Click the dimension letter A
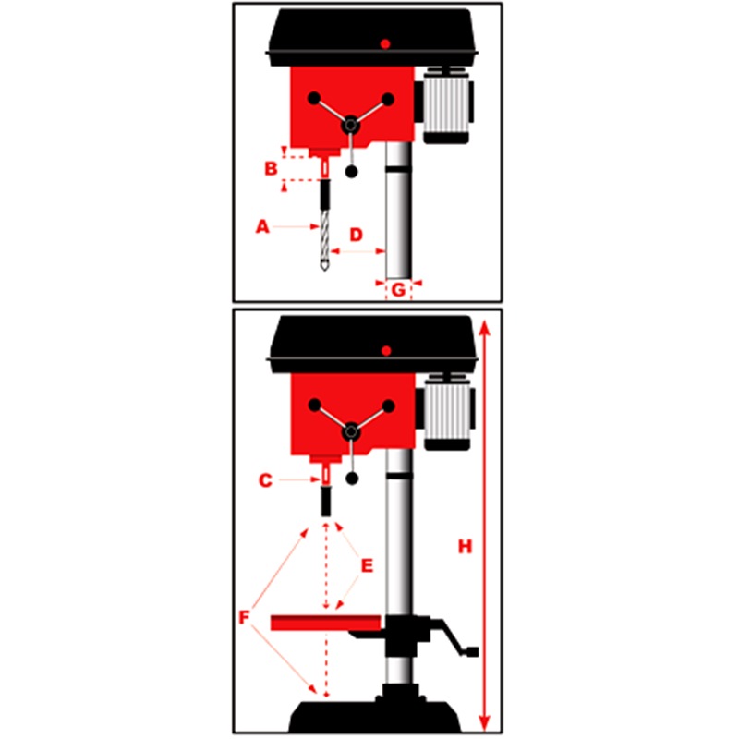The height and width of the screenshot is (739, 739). click(262, 226)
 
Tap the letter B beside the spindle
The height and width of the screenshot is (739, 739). click(271, 168)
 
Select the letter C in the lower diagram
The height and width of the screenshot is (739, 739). click(266, 480)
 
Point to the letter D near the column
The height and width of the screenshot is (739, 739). click(357, 235)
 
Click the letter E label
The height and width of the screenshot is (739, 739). click(367, 565)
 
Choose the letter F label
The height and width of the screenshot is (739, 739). click(244, 617)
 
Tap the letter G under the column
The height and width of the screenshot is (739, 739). click(399, 290)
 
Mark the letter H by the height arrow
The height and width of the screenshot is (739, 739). click(466, 546)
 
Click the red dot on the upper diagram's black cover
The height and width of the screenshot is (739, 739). click(385, 43)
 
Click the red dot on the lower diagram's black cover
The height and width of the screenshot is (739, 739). click(386, 351)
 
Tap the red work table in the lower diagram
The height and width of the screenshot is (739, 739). click(326, 623)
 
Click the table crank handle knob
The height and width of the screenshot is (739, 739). click(472, 652)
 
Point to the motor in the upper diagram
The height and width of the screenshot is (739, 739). click(446, 106)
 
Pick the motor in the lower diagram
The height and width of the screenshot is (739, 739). click(447, 412)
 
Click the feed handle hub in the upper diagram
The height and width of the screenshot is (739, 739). click(351, 125)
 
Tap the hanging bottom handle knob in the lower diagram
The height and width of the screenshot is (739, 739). click(352, 479)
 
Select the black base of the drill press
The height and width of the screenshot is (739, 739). click(375, 717)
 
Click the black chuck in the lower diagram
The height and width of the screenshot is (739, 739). click(326, 502)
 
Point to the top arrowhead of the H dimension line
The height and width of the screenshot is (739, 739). click(485, 327)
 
